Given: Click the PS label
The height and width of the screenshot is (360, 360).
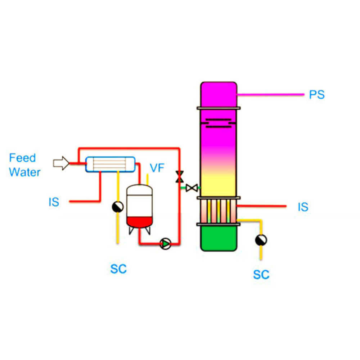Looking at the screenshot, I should pyautogui.click(x=317, y=95).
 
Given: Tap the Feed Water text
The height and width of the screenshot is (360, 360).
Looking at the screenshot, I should pyautogui.click(x=24, y=165).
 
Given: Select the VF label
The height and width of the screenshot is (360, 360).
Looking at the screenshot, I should pyautogui.click(x=157, y=168).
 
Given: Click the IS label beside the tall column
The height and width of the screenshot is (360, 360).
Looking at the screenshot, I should pyautogui.click(x=303, y=207).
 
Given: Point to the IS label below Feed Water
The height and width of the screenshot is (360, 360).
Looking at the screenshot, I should pyautogui.click(x=54, y=202).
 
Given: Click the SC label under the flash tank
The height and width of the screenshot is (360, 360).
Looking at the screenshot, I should pyautogui.click(x=118, y=268).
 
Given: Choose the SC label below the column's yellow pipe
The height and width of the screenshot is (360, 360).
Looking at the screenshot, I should pyautogui.click(x=261, y=274).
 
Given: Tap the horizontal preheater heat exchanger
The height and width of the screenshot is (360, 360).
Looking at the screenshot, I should pyautogui.click(x=111, y=164).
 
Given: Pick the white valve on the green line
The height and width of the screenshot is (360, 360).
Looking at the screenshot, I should pyautogui.click(x=192, y=188).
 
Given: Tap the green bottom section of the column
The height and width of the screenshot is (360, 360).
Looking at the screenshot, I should pyautogui.click(x=219, y=238).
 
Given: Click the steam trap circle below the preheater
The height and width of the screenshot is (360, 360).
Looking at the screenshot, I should pyautogui.click(x=117, y=207).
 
